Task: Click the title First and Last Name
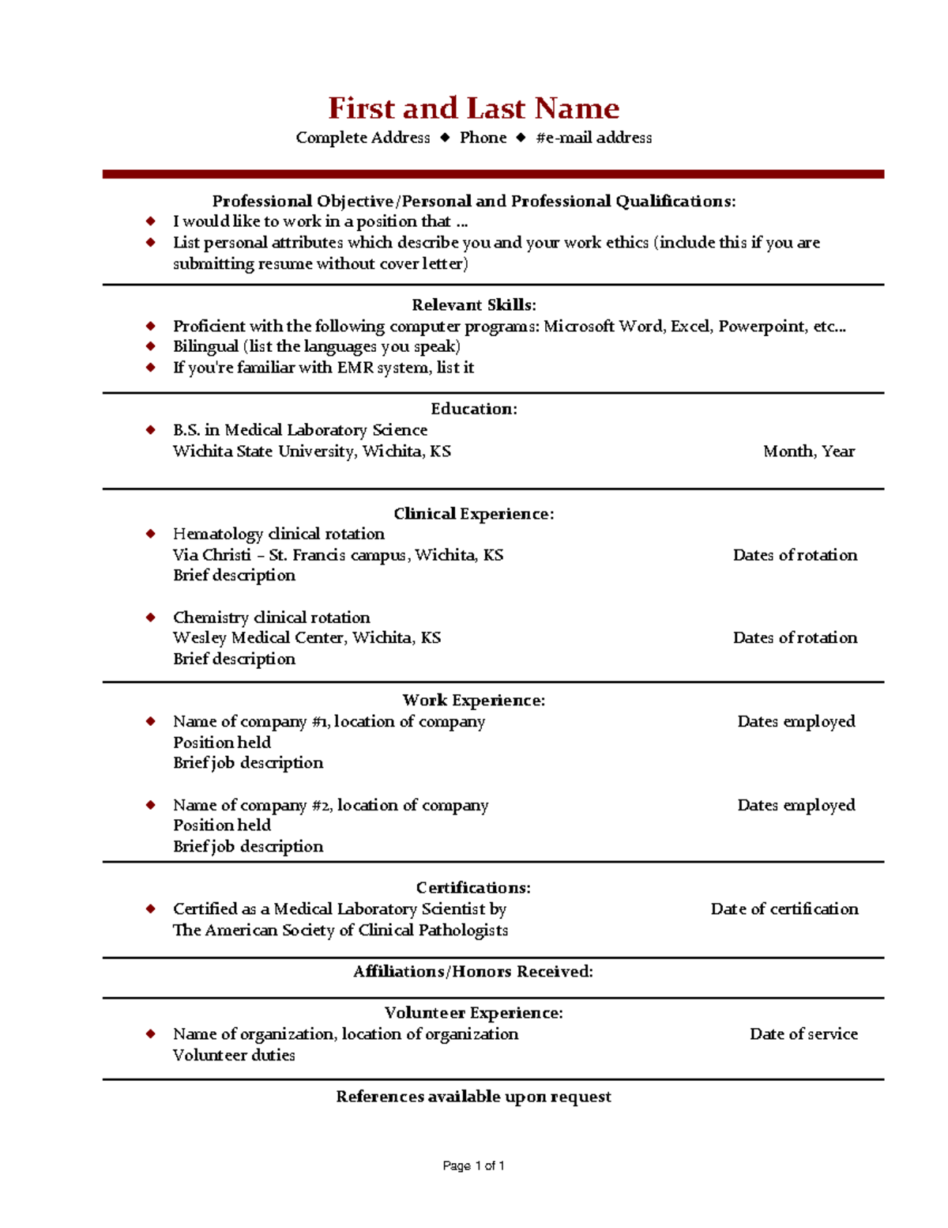pyautogui.click(x=473, y=108)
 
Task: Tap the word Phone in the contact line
pyautogui.click(x=483, y=138)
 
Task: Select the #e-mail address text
pyautogui.click(x=593, y=138)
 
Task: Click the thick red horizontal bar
pyautogui.click(x=493, y=174)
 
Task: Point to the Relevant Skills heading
pyautogui.click(x=473, y=305)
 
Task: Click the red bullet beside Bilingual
pyautogui.click(x=151, y=346)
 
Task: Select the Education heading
pyautogui.click(x=473, y=409)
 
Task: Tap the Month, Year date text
pyautogui.click(x=808, y=452)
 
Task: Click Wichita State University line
pyautogui.click(x=312, y=452)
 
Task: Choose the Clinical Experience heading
pyautogui.click(x=473, y=514)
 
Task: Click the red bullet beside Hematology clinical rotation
pyautogui.click(x=151, y=534)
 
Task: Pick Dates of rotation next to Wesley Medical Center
pyautogui.click(x=795, y=638)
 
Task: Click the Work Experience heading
pyautogui.click(x=473, y=701)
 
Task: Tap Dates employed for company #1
pyautogui.click(x=796, y=721)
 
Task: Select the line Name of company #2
pyautogui.click(x=330, y=805)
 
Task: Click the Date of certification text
pyautogui.click(x=784, y=909)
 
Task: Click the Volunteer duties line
pyautogui.click(x=234, y=1056)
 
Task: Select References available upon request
pyautogui.click(x=473, y=1097)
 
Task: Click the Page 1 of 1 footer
pyautogui.click(x=473, y=1166)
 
